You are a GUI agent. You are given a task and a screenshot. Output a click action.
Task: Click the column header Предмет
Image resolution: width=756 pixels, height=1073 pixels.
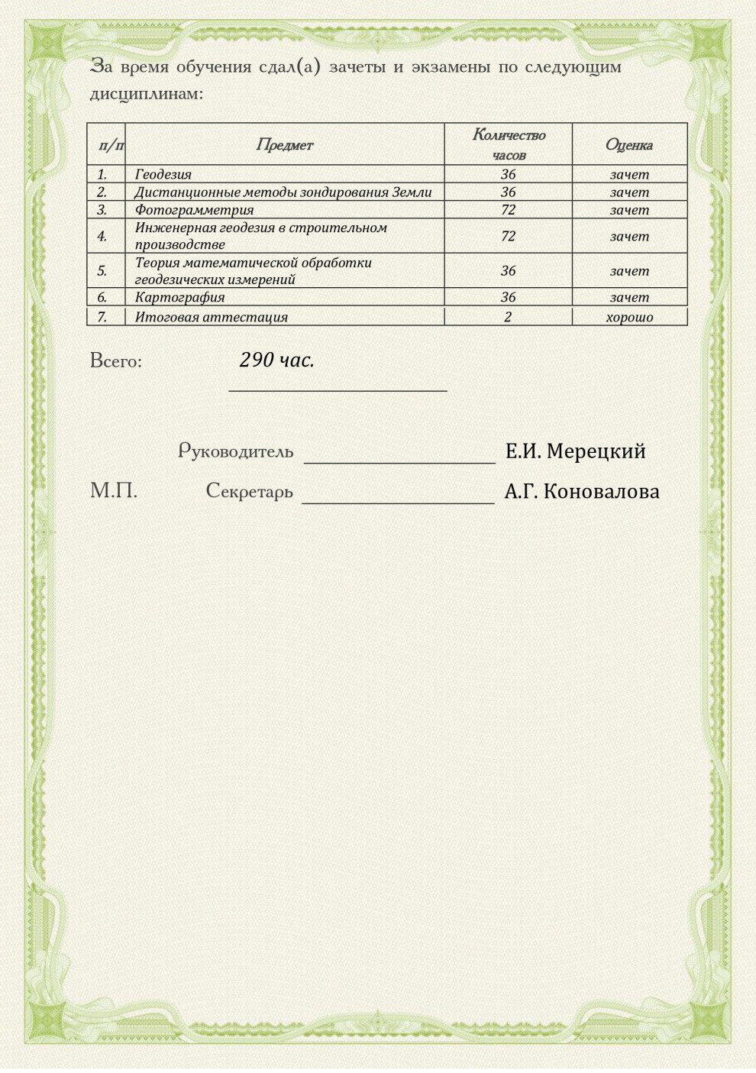284,144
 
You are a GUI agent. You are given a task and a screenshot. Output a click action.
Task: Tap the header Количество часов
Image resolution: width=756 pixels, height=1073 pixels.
509,144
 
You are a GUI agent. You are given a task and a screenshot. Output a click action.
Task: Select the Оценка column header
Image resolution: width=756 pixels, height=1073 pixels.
628,144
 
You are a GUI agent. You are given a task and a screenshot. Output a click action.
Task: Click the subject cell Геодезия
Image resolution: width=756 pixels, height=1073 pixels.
163,174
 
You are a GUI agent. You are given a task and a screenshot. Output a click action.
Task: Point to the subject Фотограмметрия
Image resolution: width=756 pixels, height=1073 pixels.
194,209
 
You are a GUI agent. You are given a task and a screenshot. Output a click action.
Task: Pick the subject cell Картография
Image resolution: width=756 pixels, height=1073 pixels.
179,297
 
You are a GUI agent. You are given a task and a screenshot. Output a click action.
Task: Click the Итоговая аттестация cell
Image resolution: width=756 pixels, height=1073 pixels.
211,317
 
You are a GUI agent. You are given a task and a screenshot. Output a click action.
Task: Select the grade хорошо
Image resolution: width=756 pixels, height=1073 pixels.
629,317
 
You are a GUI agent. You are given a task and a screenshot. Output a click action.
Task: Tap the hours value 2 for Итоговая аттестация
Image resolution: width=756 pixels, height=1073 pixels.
508,317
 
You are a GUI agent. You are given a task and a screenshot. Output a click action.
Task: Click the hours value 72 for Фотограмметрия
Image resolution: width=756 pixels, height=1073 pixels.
508,209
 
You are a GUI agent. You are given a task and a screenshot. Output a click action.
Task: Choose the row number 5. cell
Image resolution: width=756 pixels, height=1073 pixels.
102,270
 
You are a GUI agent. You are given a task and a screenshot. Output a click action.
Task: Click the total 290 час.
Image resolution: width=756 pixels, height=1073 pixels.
276,360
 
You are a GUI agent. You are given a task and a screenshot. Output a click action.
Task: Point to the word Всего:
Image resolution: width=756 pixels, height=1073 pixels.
116,360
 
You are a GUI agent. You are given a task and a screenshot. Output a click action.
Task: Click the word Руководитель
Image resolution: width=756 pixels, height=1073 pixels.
236,451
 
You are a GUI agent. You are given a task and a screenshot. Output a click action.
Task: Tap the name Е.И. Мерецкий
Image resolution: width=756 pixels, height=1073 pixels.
575,451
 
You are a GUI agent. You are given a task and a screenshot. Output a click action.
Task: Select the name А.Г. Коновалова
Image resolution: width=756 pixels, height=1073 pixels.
581,492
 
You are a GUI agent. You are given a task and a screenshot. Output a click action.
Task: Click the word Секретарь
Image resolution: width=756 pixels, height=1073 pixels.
249,491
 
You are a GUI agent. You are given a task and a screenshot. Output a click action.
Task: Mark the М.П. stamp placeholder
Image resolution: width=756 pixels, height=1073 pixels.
114,491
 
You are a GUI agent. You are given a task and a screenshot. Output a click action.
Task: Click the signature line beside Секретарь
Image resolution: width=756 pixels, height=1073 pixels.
398,502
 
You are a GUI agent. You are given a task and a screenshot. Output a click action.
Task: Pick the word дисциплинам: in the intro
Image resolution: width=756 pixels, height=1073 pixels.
147,94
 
